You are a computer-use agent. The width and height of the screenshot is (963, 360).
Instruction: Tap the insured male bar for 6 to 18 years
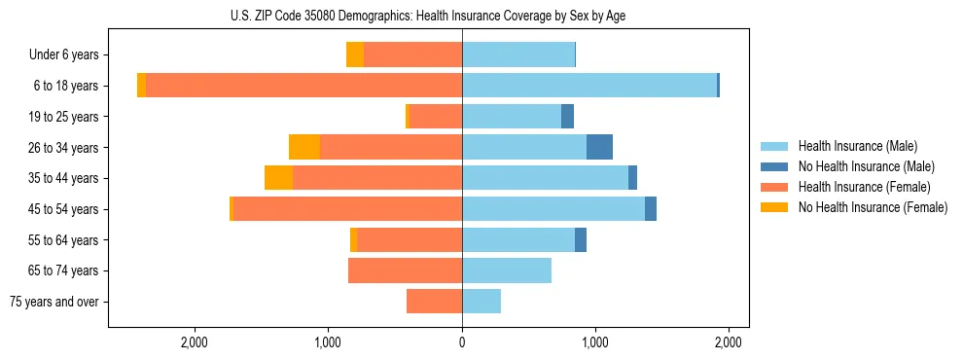point(589,86)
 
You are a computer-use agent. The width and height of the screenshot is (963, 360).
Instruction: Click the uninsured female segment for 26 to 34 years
point(304,147)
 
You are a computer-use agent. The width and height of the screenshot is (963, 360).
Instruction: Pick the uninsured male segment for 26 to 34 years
point(599,147)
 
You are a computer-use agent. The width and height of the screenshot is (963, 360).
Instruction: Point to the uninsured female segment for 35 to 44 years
point(278,178)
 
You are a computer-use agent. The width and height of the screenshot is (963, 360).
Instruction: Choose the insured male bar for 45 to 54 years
point(553,209)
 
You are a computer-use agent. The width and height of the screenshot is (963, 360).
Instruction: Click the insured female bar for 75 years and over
point(434,302)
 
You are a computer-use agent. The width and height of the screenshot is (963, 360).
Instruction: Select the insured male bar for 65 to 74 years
point(507,270)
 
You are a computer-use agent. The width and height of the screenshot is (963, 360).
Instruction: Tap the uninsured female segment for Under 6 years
point(355,54)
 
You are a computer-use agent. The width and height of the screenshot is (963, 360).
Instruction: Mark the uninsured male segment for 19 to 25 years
point(568,117)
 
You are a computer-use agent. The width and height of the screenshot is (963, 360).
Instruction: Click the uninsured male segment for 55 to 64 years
point(581,239)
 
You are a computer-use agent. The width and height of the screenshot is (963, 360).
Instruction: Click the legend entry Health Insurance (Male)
point(857,146)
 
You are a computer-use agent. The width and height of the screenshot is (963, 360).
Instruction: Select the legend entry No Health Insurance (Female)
point(873,207)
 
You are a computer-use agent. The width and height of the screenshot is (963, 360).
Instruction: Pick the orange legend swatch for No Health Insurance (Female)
point(775,207)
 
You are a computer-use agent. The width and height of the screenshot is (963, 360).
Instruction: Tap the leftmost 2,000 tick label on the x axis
point(195,342)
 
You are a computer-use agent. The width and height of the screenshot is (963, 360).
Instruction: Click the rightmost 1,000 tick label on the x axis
point(595,342)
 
